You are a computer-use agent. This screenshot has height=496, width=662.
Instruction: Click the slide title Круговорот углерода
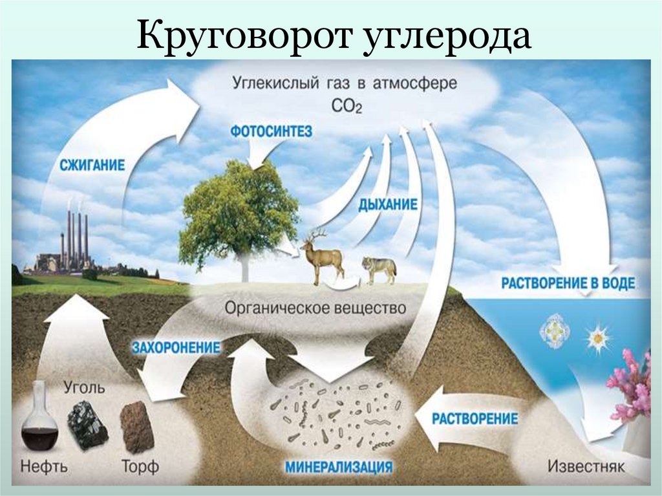tap(334, 37)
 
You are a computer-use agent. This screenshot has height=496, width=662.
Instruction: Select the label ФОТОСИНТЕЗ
tap(271, 131)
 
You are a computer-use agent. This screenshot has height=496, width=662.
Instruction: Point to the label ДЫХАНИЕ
tap(389, 204)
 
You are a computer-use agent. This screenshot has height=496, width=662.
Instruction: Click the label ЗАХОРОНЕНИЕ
tap(176, 348)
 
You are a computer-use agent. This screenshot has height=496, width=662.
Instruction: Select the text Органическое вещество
tap(315, 308)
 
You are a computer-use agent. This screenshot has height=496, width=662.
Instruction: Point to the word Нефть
tap(43, 465)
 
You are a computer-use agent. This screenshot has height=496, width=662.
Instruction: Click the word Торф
tap(140, 465)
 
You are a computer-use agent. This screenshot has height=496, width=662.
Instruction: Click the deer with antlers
tap(322, 257)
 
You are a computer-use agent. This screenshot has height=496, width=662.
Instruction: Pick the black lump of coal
tap(88, 424)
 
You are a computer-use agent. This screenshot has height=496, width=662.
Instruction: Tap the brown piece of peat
tap(137, 427)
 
